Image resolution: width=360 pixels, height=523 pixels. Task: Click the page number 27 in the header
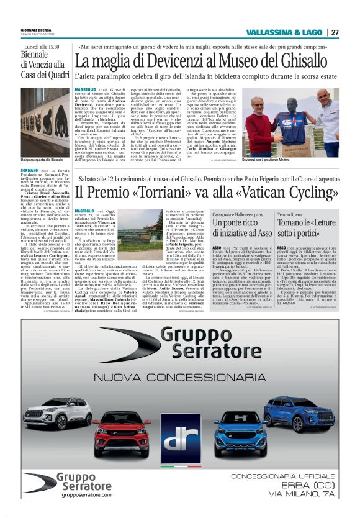(x=335, y=32)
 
